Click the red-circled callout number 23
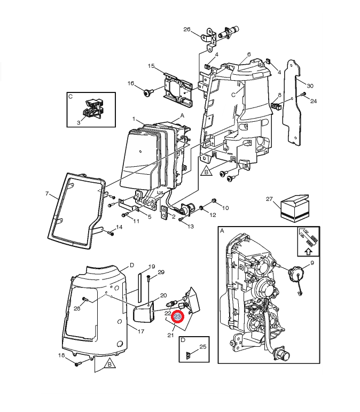pos(178,317)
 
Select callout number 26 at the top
pos(187,29)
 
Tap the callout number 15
pos(151,66)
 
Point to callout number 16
pos(131,83)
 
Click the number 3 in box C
pos(79,122)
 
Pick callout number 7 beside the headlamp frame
pos(46,193)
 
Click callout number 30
pos(310,85)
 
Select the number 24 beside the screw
pos(314,100)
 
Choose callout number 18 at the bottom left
pos(61,355)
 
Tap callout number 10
pos(225,207)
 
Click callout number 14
pos(119,227)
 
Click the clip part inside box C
pos(92,107)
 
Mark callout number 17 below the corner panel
pos(141,331)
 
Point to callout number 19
pos(152,266)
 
